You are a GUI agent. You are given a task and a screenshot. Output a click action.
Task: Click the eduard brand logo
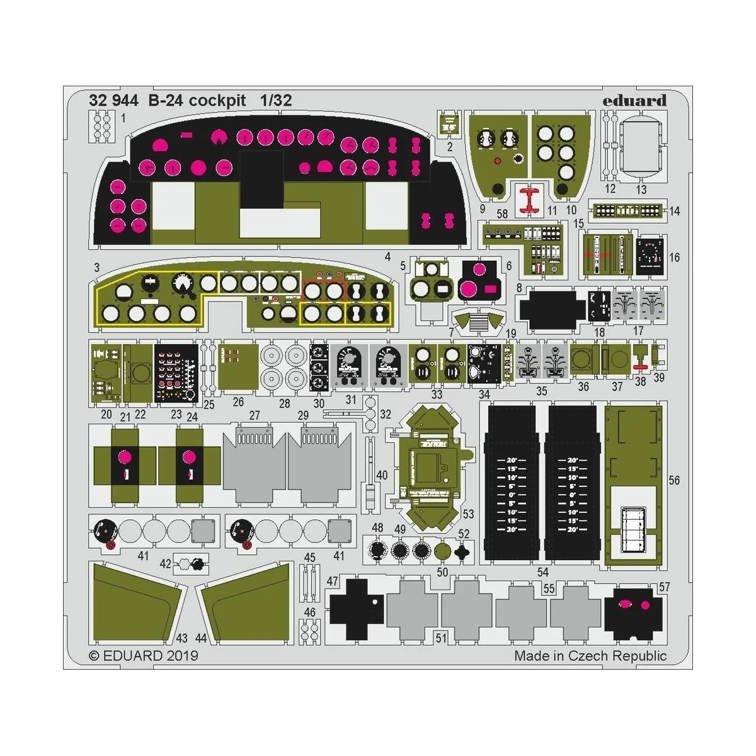(634, 101)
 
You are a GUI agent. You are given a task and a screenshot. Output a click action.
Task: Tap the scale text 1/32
(276, 101)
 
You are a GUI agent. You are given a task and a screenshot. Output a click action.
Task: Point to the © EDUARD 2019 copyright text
(144, 656)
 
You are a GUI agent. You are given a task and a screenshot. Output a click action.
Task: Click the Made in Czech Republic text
(590, 656)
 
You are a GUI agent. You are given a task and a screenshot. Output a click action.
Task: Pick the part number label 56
(674, 480)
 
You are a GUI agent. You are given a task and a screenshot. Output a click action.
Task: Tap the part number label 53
(468, 514)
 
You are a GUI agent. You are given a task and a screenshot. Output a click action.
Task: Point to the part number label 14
(674, 211)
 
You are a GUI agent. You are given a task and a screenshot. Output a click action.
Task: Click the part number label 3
(96, 268)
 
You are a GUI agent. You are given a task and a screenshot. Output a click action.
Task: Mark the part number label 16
(674, 257)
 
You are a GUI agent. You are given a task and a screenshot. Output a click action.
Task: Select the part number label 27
(255, 415)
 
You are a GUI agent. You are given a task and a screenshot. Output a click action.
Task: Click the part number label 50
(442, 572)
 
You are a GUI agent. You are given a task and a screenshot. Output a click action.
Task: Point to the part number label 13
(641, 189)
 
